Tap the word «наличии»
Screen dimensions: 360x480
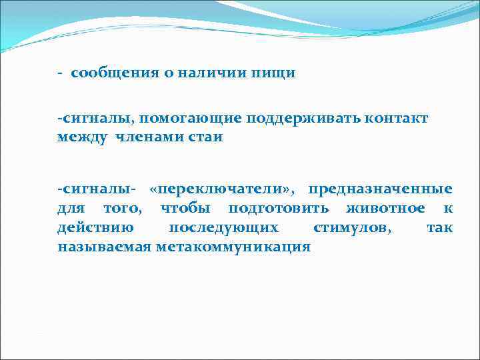point(202,73)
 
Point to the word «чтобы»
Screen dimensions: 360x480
point(184,209)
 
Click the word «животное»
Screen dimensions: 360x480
point(385,209)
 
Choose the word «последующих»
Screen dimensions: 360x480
point(223,228)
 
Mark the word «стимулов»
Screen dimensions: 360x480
point(353,228)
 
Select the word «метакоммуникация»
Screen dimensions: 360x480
point(233,247)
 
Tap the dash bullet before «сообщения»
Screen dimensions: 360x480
point(60,73)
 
